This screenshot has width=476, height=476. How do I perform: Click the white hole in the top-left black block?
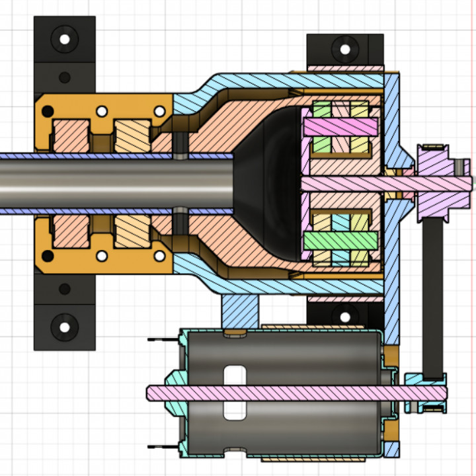[x=65, y=38]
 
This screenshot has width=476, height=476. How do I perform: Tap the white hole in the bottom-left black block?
[x=65, y=326]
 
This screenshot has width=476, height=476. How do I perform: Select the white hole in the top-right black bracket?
[x=344, y=47]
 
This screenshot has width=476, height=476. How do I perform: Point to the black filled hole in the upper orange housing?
[x=65, y=78]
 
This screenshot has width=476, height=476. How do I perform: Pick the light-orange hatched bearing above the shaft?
[x=132, y=135]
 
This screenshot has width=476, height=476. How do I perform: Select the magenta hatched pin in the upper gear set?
[x=340, y=125]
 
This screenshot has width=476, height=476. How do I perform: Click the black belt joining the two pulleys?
[x=433, y=297]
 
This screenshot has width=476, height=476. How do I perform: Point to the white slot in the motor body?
[x=233, y=392]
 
